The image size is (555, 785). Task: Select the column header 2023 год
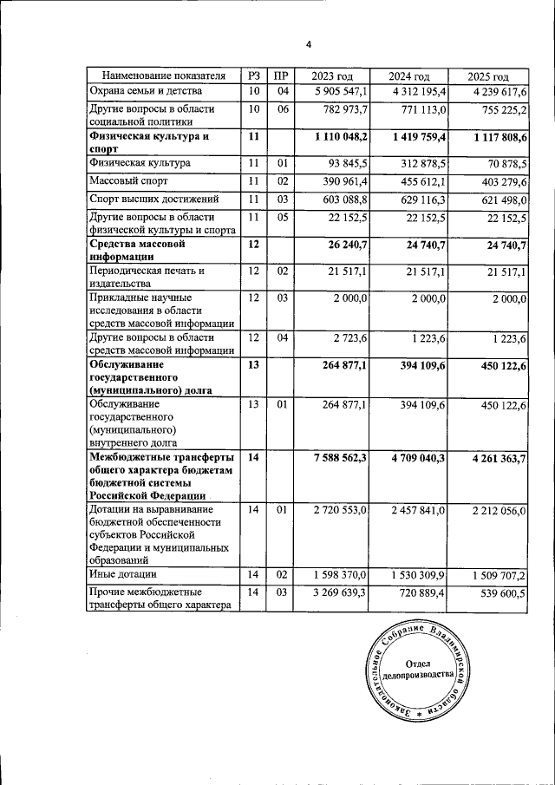click(x=333, y=76)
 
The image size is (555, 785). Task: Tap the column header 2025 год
click(x=487, y=76)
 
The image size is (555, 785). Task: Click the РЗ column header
click(x=253, y=76)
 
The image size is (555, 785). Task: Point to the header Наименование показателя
click(x=163, y=76)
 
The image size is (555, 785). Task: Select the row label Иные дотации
click(x=123, y=574)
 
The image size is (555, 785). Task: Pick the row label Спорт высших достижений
click(x=144, y=200)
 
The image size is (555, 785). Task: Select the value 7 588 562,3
click(x=334, y=457)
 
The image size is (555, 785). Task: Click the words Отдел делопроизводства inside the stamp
click(x=428, y=669)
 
